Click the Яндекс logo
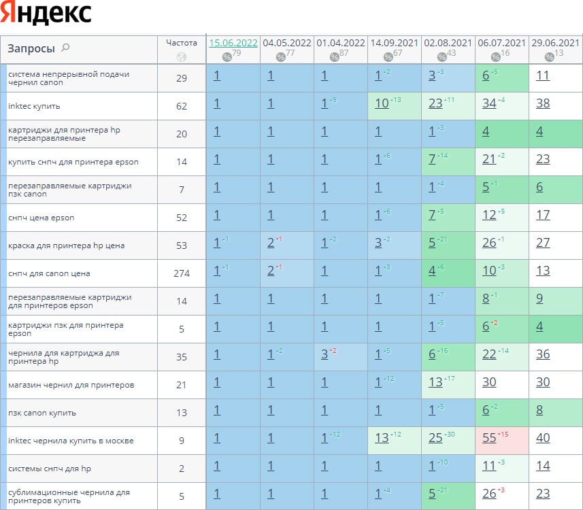click(x=46, y=14)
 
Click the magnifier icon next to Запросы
click(x=65, y=48)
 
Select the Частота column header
click(x=181, y=42)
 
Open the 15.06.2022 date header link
click(x=233, y=42)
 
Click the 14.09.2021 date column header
click(x=394, y=42)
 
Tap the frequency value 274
click(x=181, y=273)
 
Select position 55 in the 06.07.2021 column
click(x=489, y=439)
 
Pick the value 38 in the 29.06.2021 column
click(x=542, y=104)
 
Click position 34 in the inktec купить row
click(x=489, y=104)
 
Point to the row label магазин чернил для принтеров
click(x=71, y=385)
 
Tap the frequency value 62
click(x=181, y=106)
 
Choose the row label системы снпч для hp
click(x=50, y=468)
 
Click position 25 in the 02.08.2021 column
click(x=435, y=439)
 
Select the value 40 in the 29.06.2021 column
click(x=542, y=439)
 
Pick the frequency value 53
click(x=181, y=245)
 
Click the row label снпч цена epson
click(x=41, y=218)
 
